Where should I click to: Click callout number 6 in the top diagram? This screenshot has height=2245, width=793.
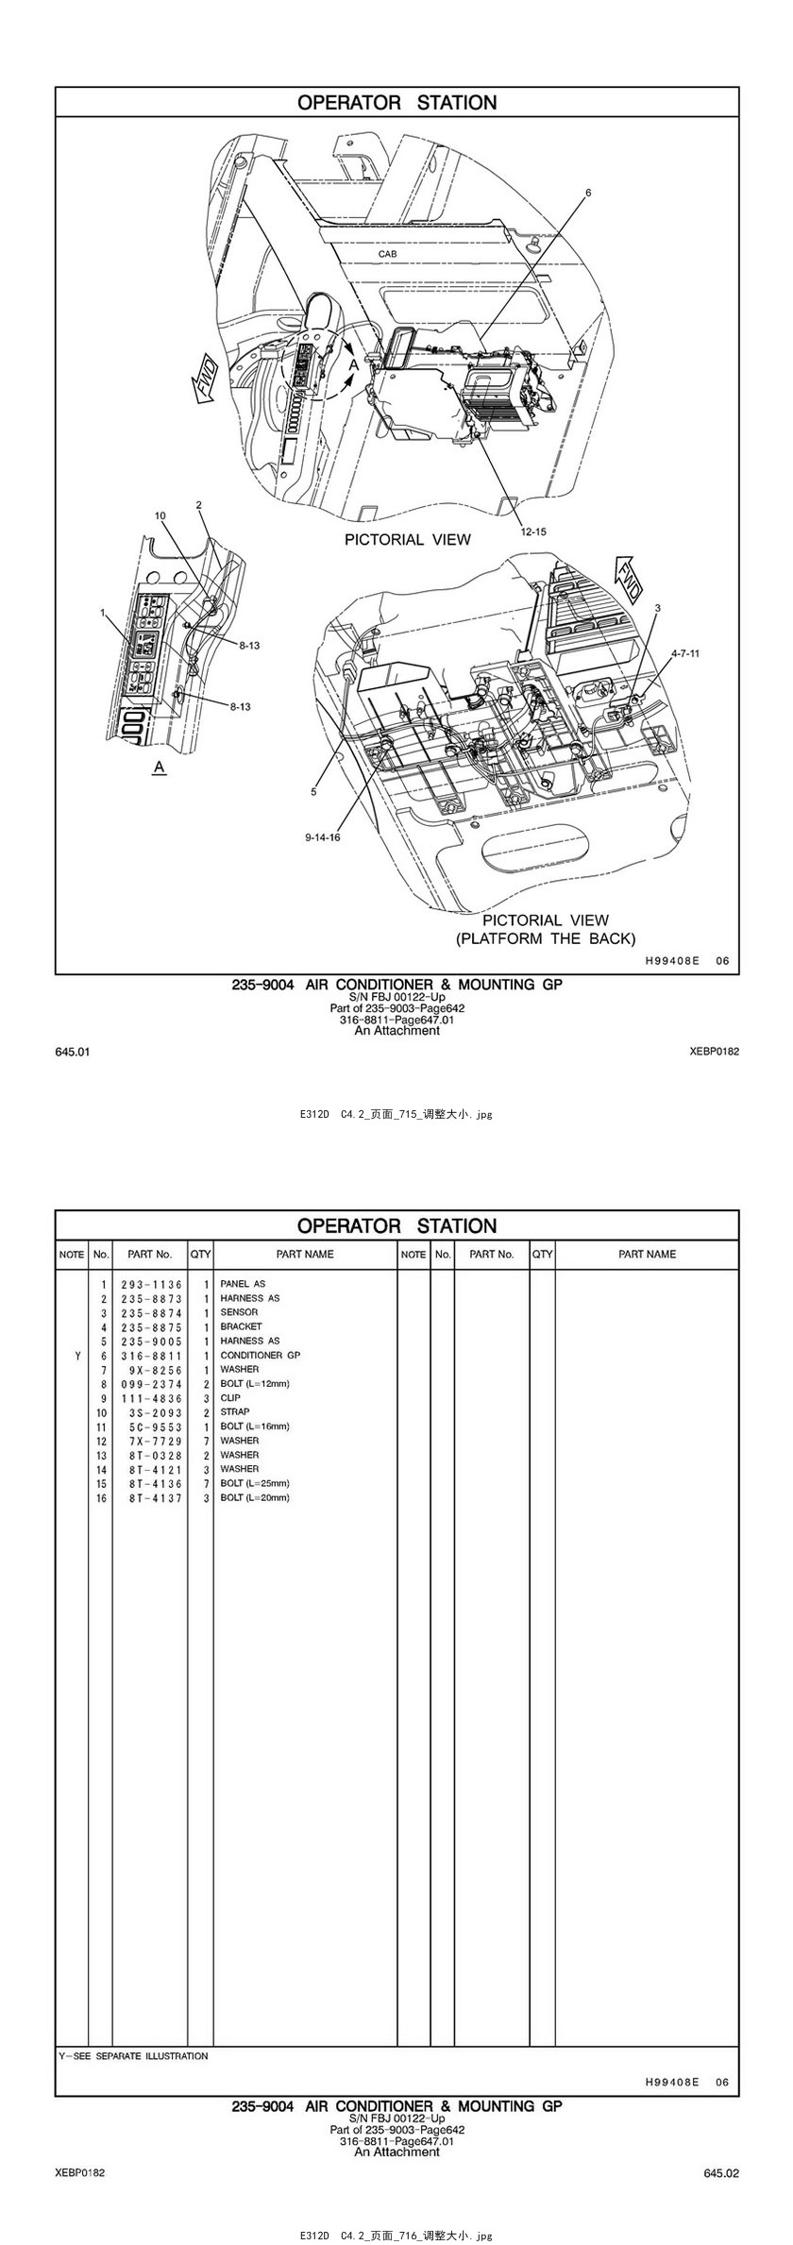pos(588,193)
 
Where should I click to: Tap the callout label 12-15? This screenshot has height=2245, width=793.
pos(533,532)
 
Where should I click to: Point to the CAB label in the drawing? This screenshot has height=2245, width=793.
pos(388,254)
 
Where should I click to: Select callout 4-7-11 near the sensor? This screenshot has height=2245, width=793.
pos(686,652)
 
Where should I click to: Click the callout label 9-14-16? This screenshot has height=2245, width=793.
pos(323,837)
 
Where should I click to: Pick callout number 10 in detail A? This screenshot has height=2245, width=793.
pos(160,515)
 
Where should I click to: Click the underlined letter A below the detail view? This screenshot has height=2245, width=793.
pos(160,768)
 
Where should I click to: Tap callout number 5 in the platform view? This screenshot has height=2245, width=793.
pos(314,792)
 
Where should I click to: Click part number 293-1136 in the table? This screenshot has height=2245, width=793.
pos(152,1284)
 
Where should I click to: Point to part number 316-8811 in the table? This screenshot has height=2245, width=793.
pos(152,1355)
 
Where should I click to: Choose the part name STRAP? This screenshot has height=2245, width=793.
pos(235,1411)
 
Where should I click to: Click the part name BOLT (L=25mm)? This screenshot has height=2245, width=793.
pos(255,1483)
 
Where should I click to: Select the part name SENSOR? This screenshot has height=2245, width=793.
pos(239,1312)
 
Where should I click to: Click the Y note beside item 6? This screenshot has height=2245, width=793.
pos(77,1355)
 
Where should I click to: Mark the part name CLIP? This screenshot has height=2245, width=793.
pos(230,1397)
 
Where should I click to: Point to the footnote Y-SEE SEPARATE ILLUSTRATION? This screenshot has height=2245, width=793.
pos(133,2055)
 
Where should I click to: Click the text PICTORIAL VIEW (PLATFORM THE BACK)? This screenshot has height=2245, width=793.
pos(546,929)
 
